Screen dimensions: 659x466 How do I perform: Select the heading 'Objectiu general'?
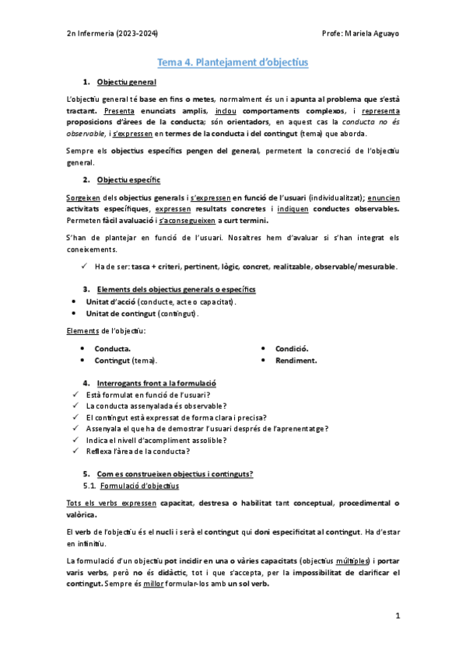pos(127,82)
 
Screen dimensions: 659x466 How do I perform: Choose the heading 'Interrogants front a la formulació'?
pos(156,383)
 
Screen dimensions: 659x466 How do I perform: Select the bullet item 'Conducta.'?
pos(113,349)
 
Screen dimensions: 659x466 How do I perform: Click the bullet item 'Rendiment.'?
pos(296,361)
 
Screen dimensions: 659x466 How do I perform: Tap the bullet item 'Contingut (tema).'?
pos(125,361)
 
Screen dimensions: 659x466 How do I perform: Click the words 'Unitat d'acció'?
pos(115,302)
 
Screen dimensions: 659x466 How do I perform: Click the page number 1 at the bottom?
pos(397,618)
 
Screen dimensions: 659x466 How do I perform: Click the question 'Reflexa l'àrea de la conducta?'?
pos(139,451)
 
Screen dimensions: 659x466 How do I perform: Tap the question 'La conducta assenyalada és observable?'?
pos(156,406)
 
